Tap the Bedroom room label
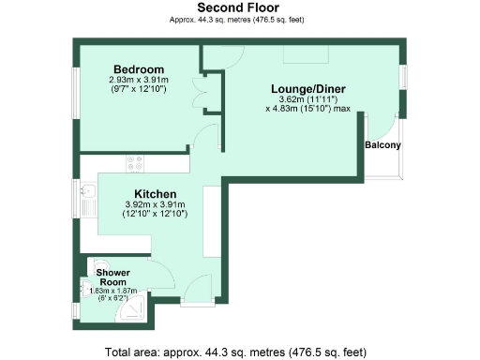coord(139,69)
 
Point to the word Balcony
coord(382,145)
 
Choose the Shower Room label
coord(112,277)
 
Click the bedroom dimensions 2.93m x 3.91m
coord(139,81)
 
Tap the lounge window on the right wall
coord(404,77)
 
